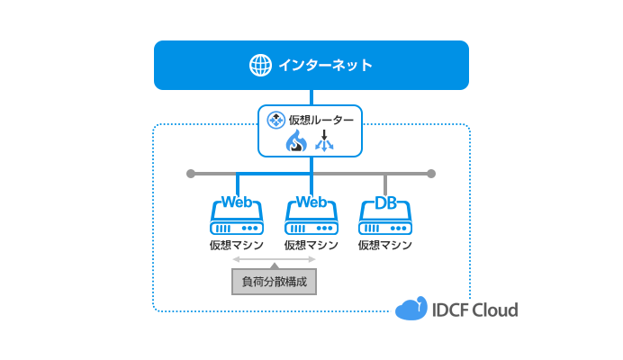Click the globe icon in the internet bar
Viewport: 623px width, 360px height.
(x=260, y=66)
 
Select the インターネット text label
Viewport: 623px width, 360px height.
(x=325, y=66)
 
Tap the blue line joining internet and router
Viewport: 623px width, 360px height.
(x=311, y=97)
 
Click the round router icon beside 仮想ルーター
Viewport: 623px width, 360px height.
(x=276, y=119)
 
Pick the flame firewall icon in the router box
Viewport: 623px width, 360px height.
(x=297, y=141)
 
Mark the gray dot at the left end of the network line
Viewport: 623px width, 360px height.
(x=190, y=173)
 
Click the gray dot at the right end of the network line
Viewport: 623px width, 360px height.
(x=431, y=173)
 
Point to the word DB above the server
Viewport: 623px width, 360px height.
(x=385, y=202)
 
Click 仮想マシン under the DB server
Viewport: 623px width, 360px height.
(x=384, y=245)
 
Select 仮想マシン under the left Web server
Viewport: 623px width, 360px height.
(x=237, y=245)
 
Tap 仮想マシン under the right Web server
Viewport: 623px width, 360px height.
(x=311, y=245)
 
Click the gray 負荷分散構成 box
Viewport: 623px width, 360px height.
(x=275, y=282)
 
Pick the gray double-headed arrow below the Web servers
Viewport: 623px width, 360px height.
(x=275, y=259)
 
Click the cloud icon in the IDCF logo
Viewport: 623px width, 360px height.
(x=411, y=310)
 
